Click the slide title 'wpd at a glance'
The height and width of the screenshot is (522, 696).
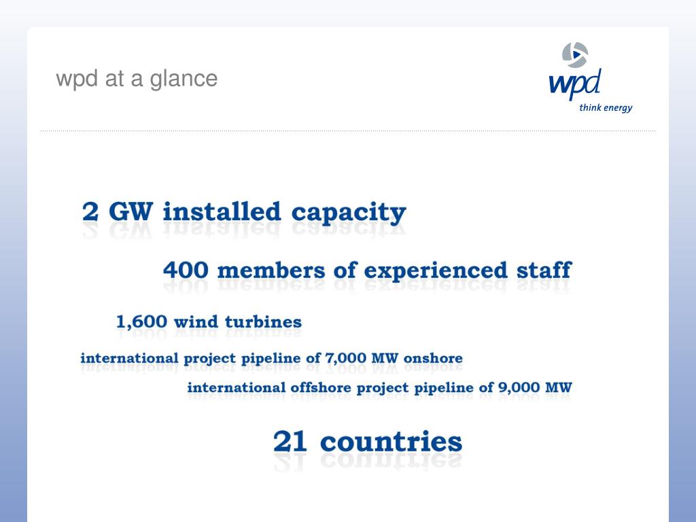(x=137, y=79)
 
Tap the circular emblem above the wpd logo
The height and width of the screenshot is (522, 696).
(x=575, y=54)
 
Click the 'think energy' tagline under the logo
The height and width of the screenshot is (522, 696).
(x=606, y=107)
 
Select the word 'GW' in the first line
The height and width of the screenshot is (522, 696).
(x=131, y=211)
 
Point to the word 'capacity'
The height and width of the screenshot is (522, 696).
(x=348, y=213)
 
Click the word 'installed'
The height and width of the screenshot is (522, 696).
(x=222, y=211)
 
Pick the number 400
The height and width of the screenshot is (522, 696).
(x=186, y=270)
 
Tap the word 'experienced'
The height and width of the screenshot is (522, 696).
(x=436, y=271)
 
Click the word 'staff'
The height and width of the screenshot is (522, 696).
(x=543, y=269)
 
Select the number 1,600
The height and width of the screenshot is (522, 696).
(x=142, y=321)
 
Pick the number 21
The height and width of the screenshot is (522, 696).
(x=290, y=442)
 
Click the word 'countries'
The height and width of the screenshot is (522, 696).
(x=391, y=442)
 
